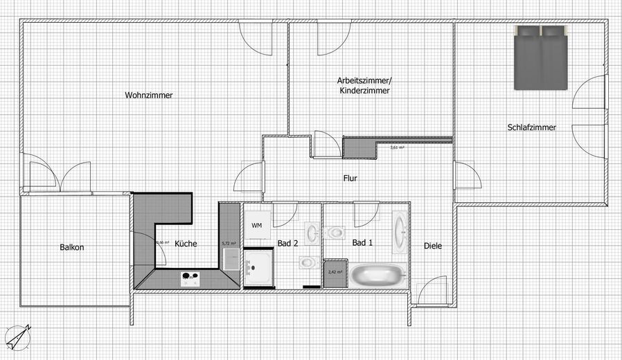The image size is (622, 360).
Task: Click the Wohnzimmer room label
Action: pyautogui.click(x=149, y=96)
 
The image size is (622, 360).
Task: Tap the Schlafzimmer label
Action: pyautogui.click(x=531, y=127)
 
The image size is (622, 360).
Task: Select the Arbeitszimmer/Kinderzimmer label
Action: pyautogui.click(x=364, y=85)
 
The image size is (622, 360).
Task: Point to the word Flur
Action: pyautogui.click(x=350, y=178)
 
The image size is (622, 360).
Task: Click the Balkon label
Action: pyautogui.click(x=72, y=247)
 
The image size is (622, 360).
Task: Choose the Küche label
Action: pyautogui.click(x=186, y=244)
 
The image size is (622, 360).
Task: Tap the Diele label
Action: pyautogui.click(x=433, y=246)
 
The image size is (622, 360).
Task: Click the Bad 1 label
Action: pyautogui.click(x=362, y=243)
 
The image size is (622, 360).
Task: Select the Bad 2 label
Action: pyautogui.click(x=287, y=243)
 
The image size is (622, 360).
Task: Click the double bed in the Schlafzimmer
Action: pyautogui.click(x=541, y=58)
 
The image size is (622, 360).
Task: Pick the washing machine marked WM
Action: pyautogui.click(x=256, y=226)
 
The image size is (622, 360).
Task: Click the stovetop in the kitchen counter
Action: pyautogui.click(x=190, y=279)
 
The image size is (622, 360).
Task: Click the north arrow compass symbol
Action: pyautogui.click(x=18, y=336)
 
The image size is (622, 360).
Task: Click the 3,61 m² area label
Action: pyautogui.click(x=397, y=147)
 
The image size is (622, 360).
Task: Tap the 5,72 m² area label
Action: pyautogui.click(x=229, y=244)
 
